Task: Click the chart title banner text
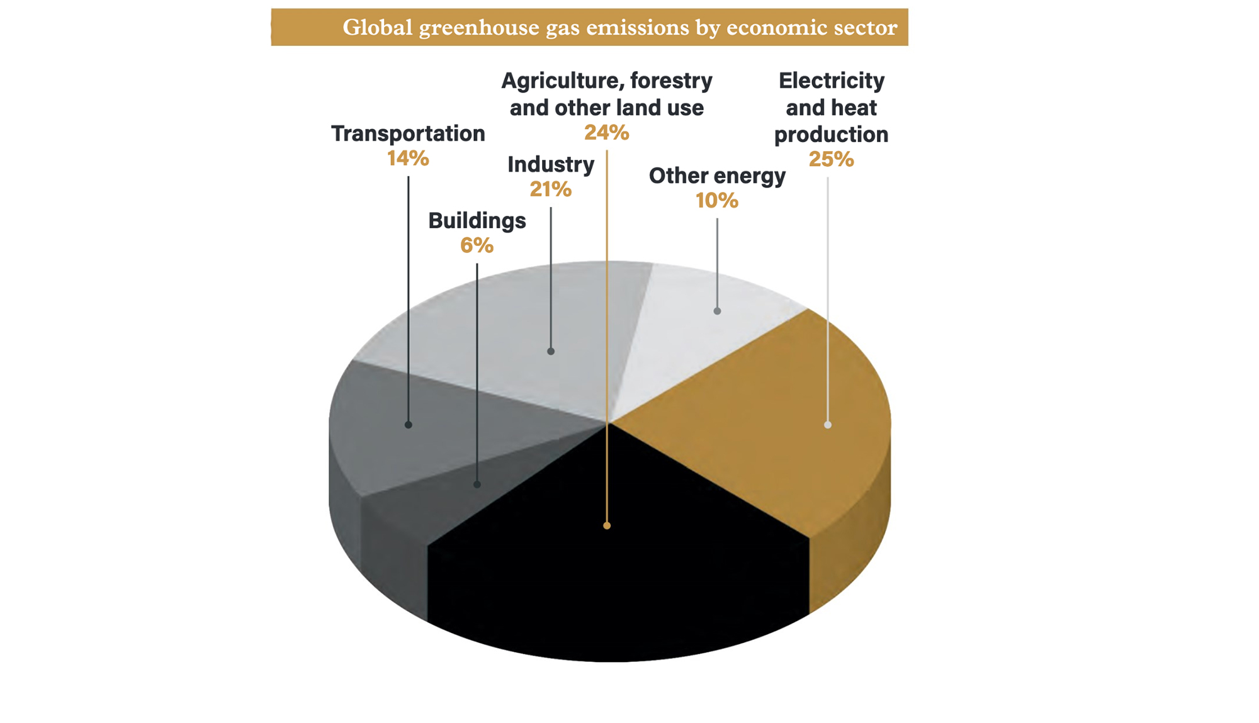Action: click(x=619, y=28)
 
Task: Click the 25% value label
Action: click(x=831, y=160)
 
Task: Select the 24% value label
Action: click(x=606, y=133)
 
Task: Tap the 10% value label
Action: click(x=716, y=201)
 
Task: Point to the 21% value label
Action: click(x=550, y=189)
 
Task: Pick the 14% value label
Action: click(x=408, y=159)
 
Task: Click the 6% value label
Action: click(x=477, y=245)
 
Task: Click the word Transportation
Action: click(x=408, y=133)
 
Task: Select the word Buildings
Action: click(x=477, y=221)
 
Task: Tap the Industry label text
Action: click(x=550, y=165)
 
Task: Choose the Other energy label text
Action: click(x=716, y=176)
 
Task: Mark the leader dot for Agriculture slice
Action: click(x=607, y=525)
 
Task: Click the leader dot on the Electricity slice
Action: click(x=828, y=425)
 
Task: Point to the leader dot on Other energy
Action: click(x=717, y=311)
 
